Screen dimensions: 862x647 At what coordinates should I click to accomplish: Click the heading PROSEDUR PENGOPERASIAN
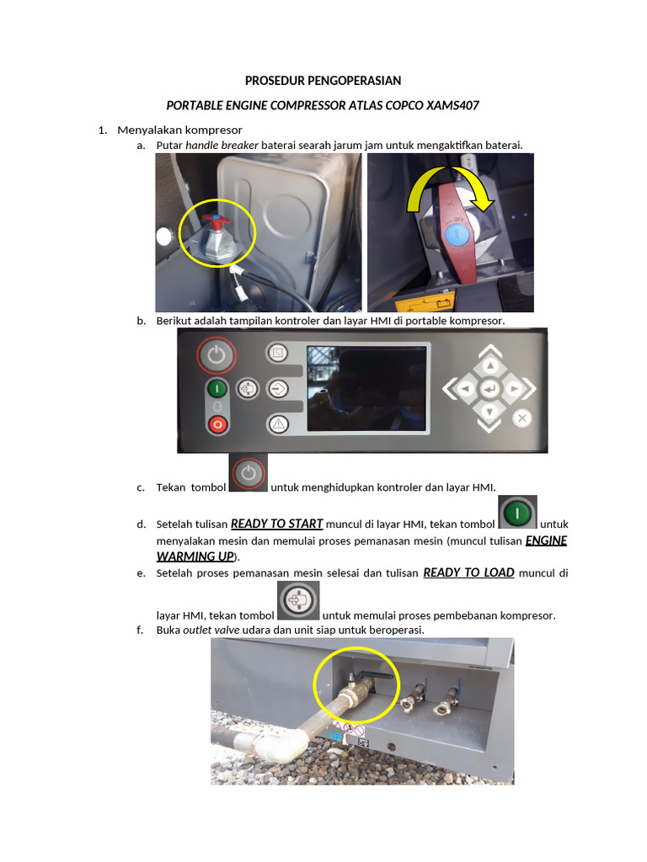(323, 81)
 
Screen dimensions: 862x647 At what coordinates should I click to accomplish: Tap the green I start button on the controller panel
(217, 389)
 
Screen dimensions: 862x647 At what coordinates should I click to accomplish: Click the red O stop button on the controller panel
(217, 424)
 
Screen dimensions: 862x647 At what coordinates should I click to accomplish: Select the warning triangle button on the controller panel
(278, 423)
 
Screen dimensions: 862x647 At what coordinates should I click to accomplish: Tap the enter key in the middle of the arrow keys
(489, 388)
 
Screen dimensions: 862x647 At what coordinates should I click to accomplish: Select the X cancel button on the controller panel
(522, 418)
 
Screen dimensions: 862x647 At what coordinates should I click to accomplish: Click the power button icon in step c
(249, 474)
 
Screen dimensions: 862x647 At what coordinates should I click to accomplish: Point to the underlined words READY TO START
(276, 523)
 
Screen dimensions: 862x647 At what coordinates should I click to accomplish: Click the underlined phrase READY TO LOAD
(468, 572)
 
